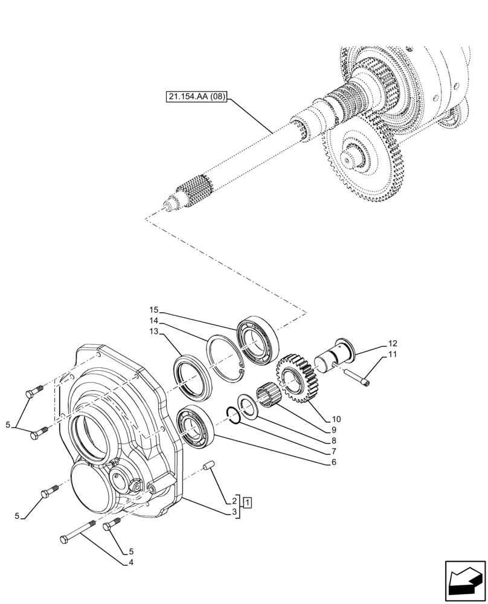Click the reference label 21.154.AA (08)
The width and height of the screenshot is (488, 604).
pos(194,97)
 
